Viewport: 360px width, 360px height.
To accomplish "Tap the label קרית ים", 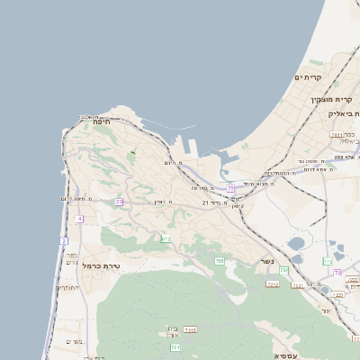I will click(x=308, y=78).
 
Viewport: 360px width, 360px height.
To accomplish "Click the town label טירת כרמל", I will click(x=101, y=266).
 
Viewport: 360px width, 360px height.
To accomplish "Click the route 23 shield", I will click(x=119, y=202).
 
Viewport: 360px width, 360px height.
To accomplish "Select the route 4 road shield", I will click(x=79, y=219).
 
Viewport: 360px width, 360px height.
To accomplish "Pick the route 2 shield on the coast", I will click(x=64, y=241).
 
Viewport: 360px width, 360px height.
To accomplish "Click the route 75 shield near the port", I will click(x=230, y=189).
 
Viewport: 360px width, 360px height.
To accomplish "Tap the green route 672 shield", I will click(x=166, y=238).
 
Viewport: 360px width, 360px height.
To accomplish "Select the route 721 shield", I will click(x=175, y=346).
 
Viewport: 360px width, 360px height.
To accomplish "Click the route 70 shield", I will click(x=337, y=272).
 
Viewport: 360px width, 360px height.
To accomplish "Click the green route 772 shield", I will click(x=328, y=262).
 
